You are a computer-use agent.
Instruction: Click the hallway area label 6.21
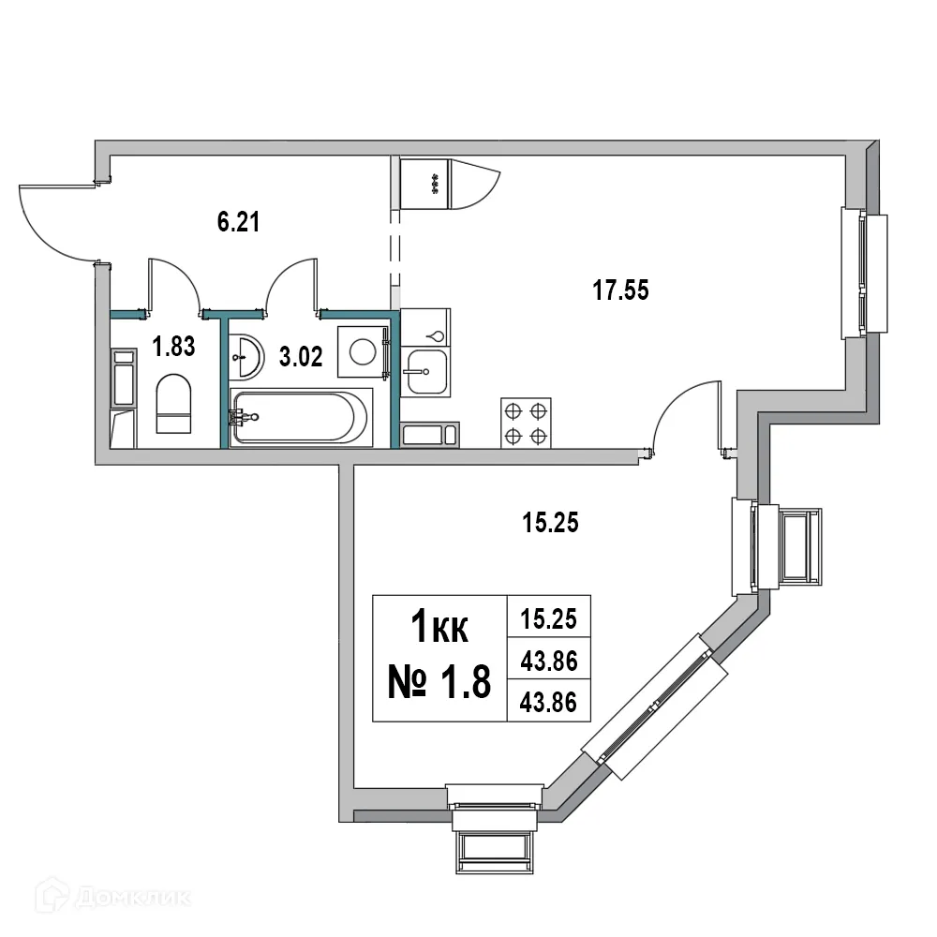coord(237,222)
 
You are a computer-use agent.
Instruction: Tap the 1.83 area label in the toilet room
coord(173,348)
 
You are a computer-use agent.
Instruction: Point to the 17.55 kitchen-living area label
coord(620,291)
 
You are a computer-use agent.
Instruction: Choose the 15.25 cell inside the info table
coord(548,618)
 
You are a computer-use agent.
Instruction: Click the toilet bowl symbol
coord(173,404)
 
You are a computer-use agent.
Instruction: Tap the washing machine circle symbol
coord(363,351)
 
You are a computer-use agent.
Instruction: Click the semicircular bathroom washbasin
coord(246,355)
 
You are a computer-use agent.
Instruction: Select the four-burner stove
coord(525,423)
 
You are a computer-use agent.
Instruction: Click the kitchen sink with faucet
coord(425,374)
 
